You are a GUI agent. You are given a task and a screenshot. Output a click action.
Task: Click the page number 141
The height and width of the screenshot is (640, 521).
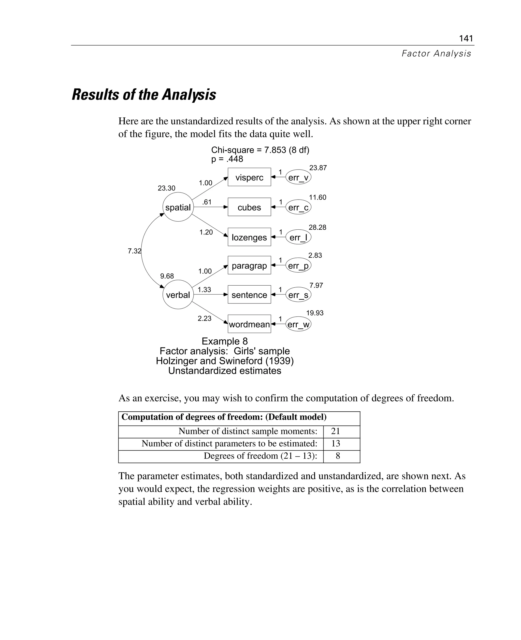pos(466,38)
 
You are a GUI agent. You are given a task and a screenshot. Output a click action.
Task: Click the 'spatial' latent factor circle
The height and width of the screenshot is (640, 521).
pos(178,207)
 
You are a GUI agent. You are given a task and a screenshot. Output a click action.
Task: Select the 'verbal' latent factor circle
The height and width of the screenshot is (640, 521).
pos(178,295)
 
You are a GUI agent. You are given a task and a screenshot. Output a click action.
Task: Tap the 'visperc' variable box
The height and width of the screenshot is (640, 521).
pos(249,177)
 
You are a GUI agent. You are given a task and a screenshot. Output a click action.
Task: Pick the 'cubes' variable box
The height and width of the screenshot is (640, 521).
pos(249,207)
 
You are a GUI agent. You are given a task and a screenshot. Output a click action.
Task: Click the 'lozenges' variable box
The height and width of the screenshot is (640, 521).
pos(249,237)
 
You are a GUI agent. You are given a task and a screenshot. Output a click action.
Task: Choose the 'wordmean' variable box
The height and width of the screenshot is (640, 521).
pos(249,324)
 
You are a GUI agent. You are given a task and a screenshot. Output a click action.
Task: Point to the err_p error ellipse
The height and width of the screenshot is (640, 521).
pos(298,266)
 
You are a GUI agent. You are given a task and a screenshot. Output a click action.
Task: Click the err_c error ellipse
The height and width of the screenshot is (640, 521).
pos(298,207)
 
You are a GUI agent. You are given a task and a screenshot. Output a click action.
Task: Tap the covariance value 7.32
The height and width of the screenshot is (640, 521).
pos(134,251)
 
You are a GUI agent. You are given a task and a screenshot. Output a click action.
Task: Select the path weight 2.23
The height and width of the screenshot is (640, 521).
pos(204,318)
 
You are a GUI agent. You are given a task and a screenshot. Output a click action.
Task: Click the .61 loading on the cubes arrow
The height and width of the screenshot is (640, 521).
pos(207,202)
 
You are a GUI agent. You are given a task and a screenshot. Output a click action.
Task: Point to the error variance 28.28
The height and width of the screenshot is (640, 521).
pos(317,227)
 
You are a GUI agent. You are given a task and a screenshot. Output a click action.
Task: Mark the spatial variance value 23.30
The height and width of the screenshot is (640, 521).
pos(166,188)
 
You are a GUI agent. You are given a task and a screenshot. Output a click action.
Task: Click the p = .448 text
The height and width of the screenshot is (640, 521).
pos(227,159)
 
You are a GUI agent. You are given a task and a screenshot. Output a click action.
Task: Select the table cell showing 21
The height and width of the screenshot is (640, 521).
pos(335,431)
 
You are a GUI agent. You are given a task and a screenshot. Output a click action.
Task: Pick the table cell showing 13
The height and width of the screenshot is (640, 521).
pos(335,443)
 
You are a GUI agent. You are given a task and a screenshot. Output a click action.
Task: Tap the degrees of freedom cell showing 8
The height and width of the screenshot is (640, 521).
pos(338,456)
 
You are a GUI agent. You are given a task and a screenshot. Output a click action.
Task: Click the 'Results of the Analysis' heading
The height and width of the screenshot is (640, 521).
pos(144,95)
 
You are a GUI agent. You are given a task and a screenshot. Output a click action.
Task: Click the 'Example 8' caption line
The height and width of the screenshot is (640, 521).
pos(224,341)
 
